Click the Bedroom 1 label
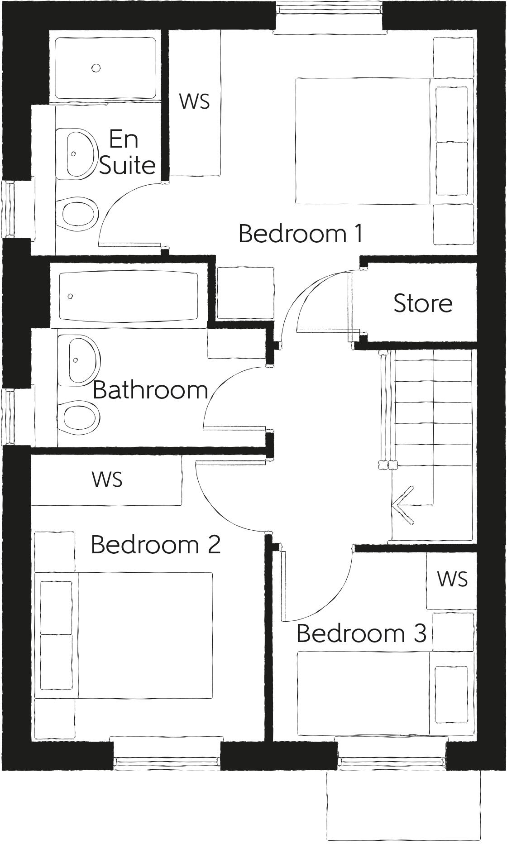click(301, 234)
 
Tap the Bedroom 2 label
click(156, 545)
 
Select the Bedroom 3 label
click(361, 633)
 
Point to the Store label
click(423, 303)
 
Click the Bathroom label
click(150, 390)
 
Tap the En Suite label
click(126, 152)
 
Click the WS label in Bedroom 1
click(195, 101)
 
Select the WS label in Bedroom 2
click(107, 479)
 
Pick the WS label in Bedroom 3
click(452, 579)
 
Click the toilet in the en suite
click(79, 213)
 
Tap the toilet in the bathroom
click(80, 417)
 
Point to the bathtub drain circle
click(70, 296)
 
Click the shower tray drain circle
click(96, 68)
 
